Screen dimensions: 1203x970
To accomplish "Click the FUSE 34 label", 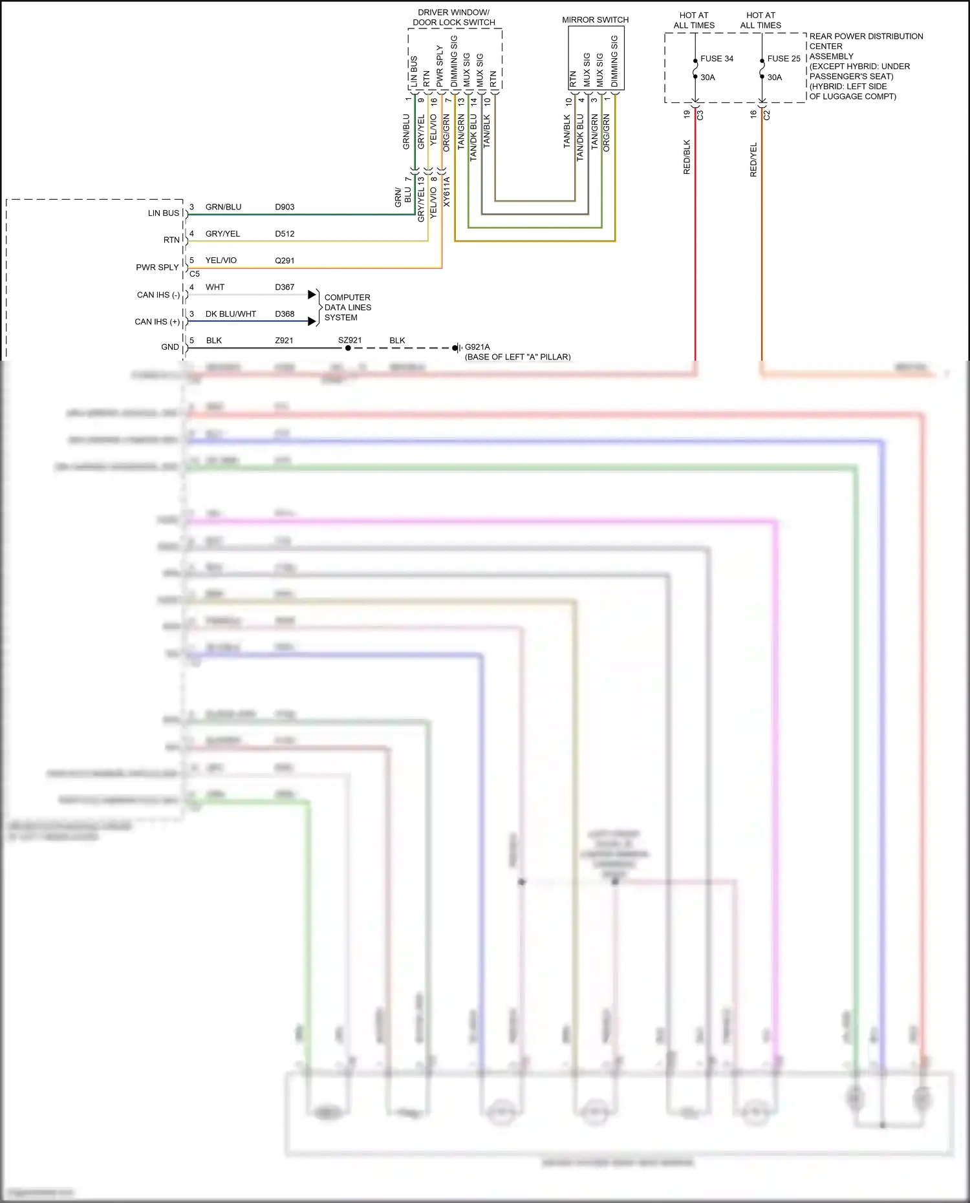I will coord(717,59).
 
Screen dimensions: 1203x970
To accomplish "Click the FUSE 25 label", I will coord(783,59).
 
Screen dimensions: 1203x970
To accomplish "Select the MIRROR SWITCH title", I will coord(595,20).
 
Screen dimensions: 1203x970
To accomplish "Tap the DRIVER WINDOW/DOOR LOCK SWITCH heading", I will coord(453,17).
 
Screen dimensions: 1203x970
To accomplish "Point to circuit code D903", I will coord(285,207).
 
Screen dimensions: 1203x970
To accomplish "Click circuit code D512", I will coord(285,234).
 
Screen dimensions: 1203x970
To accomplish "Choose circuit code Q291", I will coord(285,261).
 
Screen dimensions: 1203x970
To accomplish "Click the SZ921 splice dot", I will coord(348,348).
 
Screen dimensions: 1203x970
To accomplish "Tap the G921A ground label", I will coord(477,347).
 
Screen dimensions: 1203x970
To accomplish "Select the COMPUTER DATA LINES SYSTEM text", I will coord(347,308).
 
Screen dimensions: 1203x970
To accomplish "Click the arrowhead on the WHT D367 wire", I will coord(312,295).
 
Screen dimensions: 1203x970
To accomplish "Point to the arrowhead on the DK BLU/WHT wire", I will coord(312,321).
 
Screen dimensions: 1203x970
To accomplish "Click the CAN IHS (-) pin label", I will coord(158,295).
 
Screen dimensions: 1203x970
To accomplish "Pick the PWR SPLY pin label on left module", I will coord(157,267).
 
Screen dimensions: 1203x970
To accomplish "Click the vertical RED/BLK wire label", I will coord(687,157).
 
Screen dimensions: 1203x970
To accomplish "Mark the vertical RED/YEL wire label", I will coord(753,160).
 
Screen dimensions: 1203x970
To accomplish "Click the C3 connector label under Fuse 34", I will coord(700,115).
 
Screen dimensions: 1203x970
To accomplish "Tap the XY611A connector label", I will coord(446,192).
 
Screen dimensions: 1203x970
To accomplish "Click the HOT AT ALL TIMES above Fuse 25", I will coord(760,20).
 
